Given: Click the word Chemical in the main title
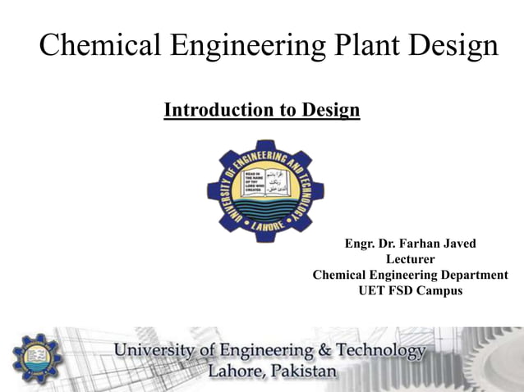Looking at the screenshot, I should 95,45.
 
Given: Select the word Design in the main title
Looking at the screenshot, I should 452,45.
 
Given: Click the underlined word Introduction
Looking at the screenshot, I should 214,109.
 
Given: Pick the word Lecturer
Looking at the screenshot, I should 410,259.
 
